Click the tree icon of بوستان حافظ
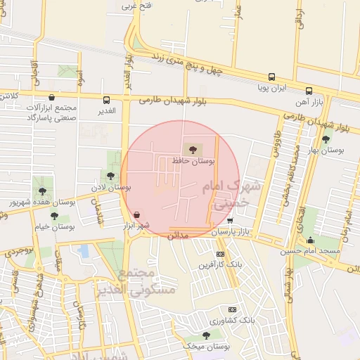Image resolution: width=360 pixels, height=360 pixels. [193, 149]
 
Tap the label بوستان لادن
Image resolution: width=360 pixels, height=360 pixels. [112, 188]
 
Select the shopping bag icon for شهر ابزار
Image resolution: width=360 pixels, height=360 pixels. [136, 214]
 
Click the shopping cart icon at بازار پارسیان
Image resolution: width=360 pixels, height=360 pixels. [230, 220]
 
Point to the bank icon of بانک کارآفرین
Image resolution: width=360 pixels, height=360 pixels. [220, 254]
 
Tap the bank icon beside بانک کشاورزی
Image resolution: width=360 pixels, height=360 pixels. [232, 309]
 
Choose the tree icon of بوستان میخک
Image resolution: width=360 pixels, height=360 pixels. [206, 335]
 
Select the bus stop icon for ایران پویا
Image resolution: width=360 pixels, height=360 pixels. [271, 77]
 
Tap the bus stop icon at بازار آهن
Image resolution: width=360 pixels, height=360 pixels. [309, 91]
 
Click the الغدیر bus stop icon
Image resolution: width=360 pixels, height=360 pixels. [106, 100]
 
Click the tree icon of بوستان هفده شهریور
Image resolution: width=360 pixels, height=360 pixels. [43, 190]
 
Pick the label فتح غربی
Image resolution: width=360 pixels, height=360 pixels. [137, 6]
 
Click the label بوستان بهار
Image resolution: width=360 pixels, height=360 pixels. [328, 150]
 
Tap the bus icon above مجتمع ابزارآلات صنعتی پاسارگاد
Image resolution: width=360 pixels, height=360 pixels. [51, 98]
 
